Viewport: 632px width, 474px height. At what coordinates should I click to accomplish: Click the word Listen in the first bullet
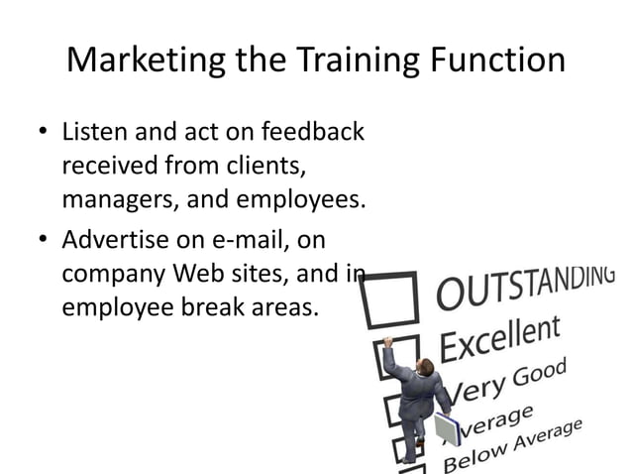coord(95,132)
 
